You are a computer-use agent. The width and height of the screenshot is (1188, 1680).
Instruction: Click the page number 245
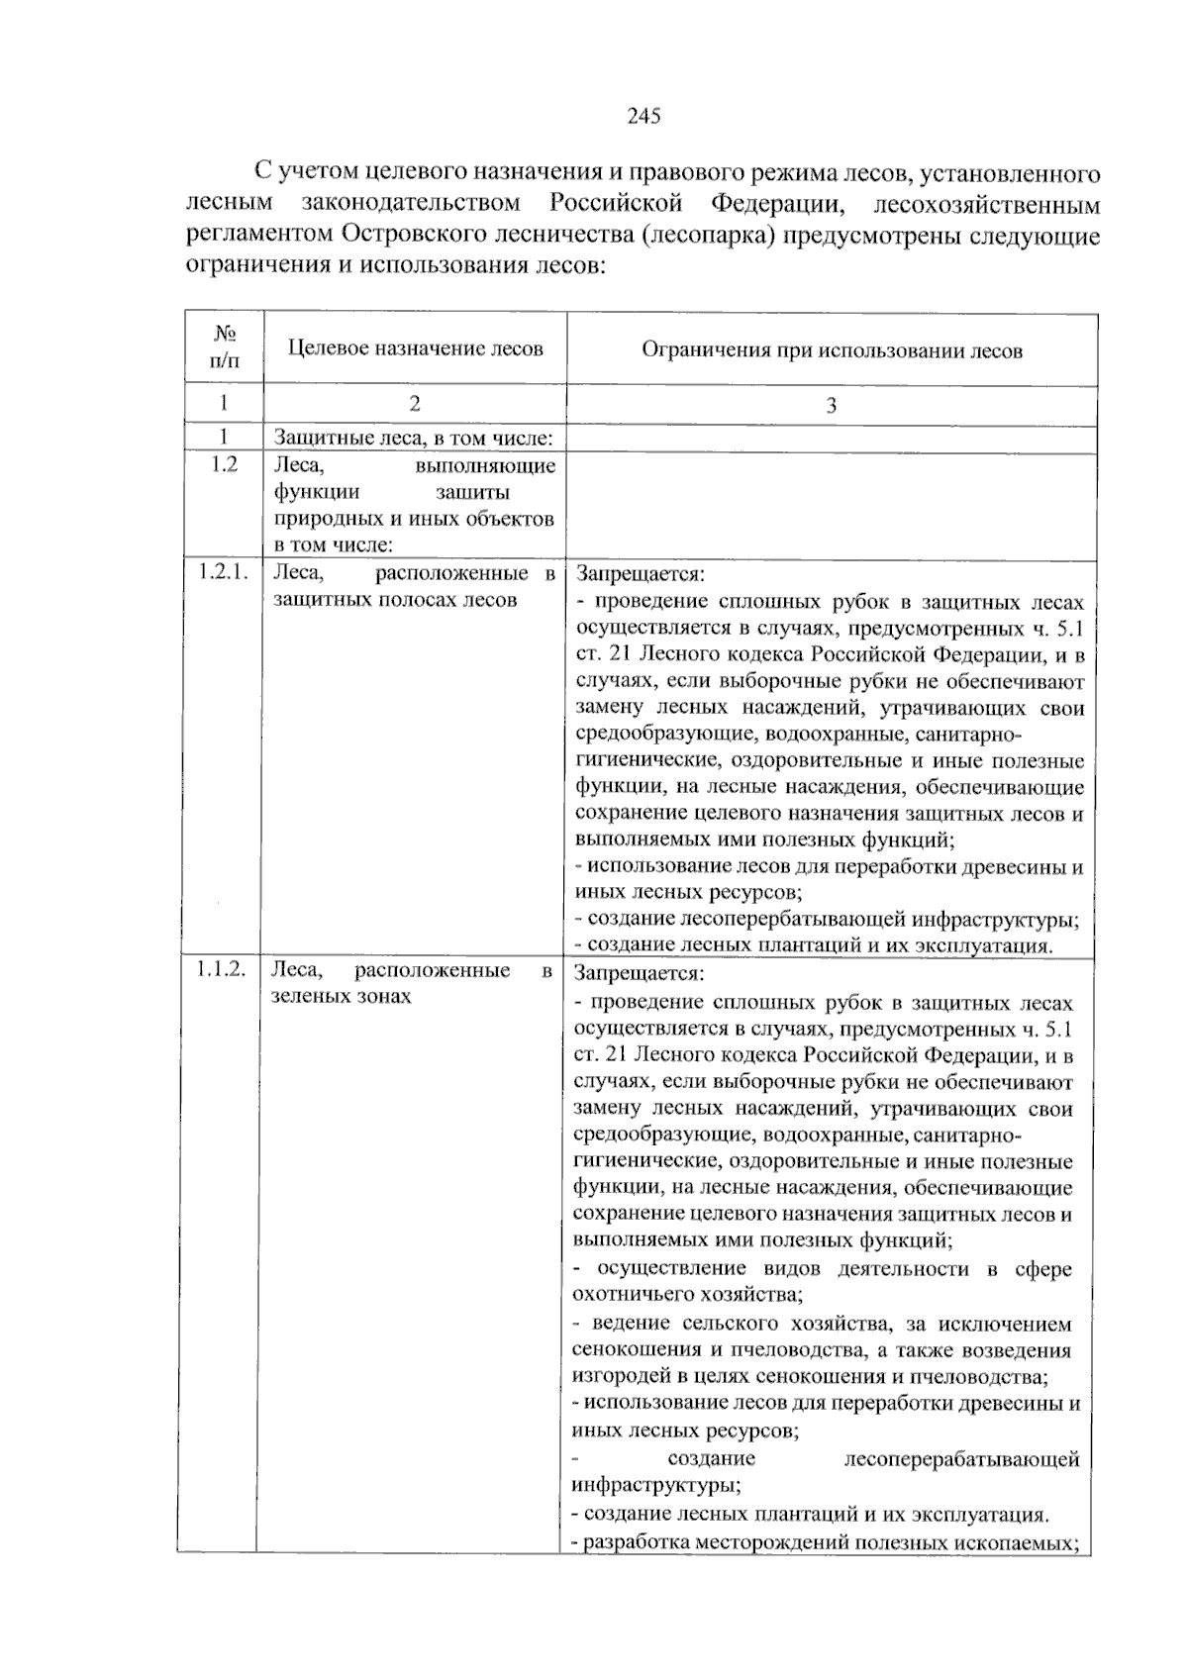coord(643,117)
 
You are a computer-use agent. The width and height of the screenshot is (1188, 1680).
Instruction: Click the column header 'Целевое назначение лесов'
coord(416,348)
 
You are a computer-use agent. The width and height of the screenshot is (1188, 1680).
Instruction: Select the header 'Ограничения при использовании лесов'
coord(832,350)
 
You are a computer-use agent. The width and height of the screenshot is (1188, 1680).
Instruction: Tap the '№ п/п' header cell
coord(225,347)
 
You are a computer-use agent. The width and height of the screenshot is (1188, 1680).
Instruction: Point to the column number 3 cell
coord(832,405)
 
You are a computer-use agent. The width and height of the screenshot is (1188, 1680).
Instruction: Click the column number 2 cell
coord(415,403)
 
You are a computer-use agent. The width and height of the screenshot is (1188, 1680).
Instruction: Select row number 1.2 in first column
coord(225,465)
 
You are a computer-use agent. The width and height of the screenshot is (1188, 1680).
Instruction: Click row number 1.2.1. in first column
coord(223,572)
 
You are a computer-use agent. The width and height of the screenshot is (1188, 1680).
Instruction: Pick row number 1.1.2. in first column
coord(220,970)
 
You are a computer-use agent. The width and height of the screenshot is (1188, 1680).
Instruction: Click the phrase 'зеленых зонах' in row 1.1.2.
coord(341,997)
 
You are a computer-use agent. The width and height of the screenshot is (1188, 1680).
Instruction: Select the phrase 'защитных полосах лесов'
coord(395,600)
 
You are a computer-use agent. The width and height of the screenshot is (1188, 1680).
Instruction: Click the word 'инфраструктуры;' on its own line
coord(656,1485)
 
